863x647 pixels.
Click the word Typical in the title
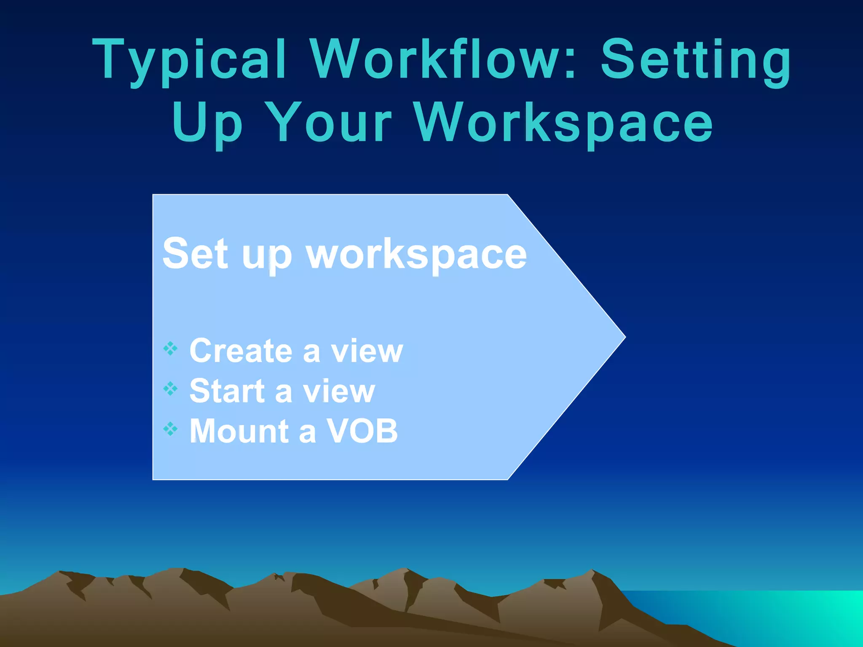tap(190, 60)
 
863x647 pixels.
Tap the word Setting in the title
tap(696, 60)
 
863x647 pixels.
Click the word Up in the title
tap(207, 123)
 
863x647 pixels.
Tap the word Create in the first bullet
tap(241, 350)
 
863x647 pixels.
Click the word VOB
tap(362, 431)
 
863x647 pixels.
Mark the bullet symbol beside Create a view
tap(171, 348)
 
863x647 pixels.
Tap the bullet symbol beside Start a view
tap(171, 389)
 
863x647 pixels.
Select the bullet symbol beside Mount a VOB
tap(171, 429)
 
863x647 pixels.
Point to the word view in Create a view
tap(367, 350)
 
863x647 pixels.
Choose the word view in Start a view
tap(339, 391)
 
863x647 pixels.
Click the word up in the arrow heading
tap(267, 256)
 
